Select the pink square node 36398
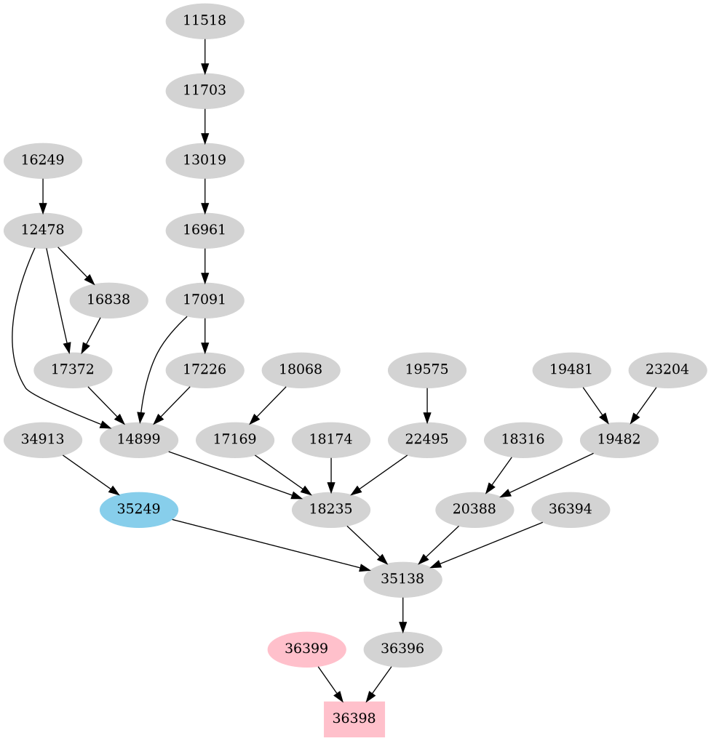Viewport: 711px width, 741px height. tap(354, 719)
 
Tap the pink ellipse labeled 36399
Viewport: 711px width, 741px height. tap(306, 649)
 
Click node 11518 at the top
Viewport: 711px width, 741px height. tap(204, 21)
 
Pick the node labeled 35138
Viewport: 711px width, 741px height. tap(402, 580)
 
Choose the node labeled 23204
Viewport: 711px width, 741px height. tap(667, 370)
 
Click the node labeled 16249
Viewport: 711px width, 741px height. tap(42, 161)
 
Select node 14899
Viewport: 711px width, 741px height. tap(138, 440)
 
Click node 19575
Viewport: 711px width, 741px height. tap(426, 370)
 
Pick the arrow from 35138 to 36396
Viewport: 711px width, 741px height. tap(402, 614)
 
